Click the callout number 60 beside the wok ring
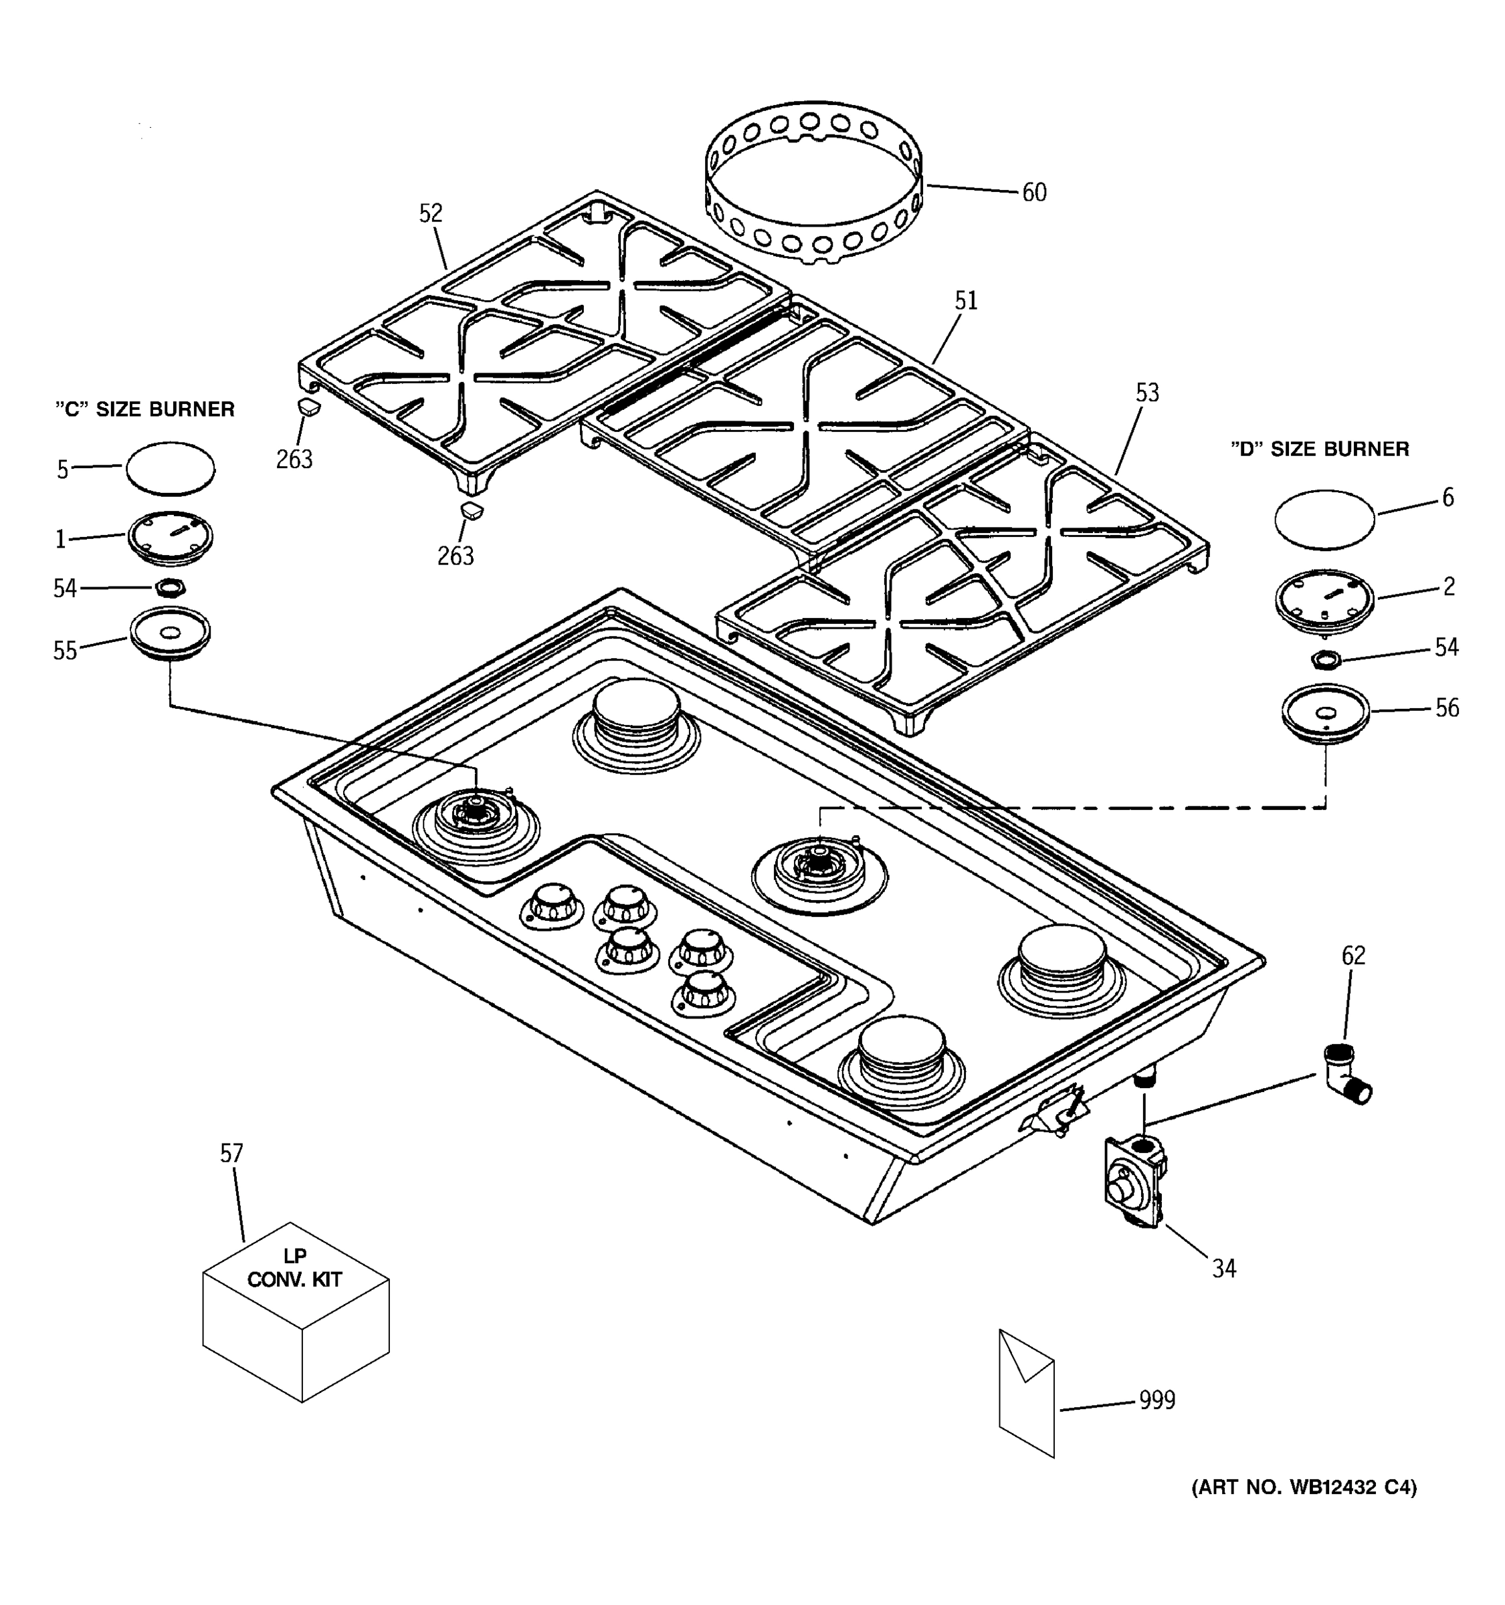[1033, 192]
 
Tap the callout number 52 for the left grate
[431, 213]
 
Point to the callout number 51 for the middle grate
[966, 300]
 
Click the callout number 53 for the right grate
[1146, 393]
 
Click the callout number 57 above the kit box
[231, 1154]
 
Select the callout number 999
[1157, 1400]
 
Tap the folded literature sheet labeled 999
[1026, 1392]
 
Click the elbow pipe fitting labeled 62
[1346, 1075]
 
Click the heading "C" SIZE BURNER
[145, 409]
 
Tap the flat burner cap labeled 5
[171, 468]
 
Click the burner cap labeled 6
[1324, 518]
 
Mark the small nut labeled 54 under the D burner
[1325, 659]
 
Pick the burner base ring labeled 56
[1325, 714]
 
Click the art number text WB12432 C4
[1303, 1487]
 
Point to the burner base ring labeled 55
[169, 635]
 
